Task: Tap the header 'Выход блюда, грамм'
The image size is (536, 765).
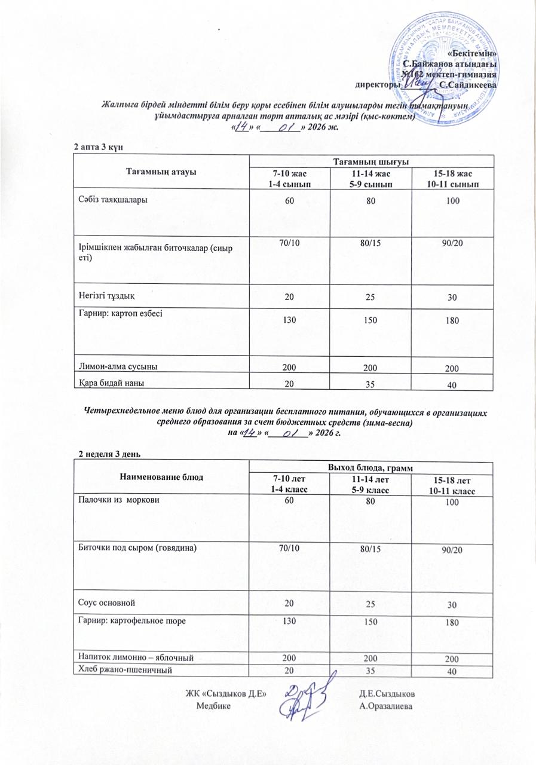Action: click(x=370, y=467)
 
